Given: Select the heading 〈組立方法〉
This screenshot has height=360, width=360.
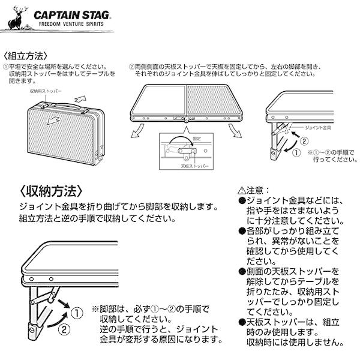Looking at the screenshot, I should (23, 55).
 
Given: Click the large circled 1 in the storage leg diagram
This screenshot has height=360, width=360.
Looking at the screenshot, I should (78, 313).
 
